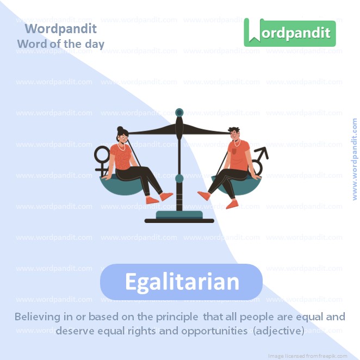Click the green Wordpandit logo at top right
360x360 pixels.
pos(290,33)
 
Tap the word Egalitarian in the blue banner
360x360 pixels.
pos(182,282)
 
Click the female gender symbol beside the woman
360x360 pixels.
pos(102,159)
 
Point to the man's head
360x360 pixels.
pos(235,134)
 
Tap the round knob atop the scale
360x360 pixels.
pos(179,112)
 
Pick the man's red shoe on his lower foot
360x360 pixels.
pos(233,204)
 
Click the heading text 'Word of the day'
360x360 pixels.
pos(60,44)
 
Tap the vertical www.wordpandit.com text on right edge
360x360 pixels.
pos(355,159)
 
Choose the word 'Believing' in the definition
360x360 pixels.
pos(40,316)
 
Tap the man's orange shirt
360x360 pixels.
pos(238,156)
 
